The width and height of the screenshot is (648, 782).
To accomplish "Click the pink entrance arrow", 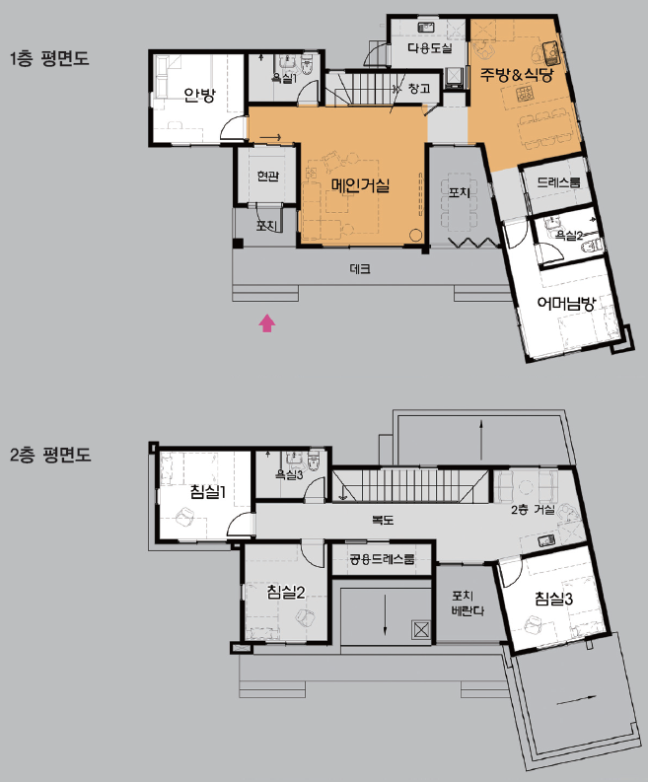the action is tap(267, 322).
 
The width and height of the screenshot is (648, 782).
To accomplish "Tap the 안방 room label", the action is tap(199, 95).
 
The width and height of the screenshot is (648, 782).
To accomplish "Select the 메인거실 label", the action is tap(360, 185).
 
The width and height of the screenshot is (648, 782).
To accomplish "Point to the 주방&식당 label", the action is tap(516, 75).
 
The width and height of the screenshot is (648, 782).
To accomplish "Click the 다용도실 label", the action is tap(429, 48).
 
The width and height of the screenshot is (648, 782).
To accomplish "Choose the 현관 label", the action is tap(267, 177).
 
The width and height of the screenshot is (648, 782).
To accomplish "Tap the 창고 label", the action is tap(419, 89).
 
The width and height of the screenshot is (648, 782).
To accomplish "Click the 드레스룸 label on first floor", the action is tap(558, 182).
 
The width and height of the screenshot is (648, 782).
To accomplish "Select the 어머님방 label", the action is tap(566, 303).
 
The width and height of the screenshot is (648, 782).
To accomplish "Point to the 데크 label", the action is tap(360, 269).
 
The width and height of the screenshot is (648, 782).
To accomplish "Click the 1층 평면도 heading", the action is tap(49, 58).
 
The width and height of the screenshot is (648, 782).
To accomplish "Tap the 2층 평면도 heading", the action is tap(50, 455).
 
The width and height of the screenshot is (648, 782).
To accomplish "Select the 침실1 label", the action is tap(208, 492).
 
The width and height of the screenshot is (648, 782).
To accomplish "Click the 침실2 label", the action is tap(286, 592).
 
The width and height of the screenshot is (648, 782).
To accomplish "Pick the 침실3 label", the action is tap(553, 599).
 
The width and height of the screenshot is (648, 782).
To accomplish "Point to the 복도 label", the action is tap(383, 520).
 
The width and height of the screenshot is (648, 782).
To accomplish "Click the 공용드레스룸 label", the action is tap(382, 559).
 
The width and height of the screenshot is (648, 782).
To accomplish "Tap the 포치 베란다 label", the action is tap(467, 603).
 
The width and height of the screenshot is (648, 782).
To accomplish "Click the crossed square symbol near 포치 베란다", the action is tap(421, 630).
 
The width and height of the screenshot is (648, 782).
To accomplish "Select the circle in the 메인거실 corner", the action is tap(415, 235).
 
